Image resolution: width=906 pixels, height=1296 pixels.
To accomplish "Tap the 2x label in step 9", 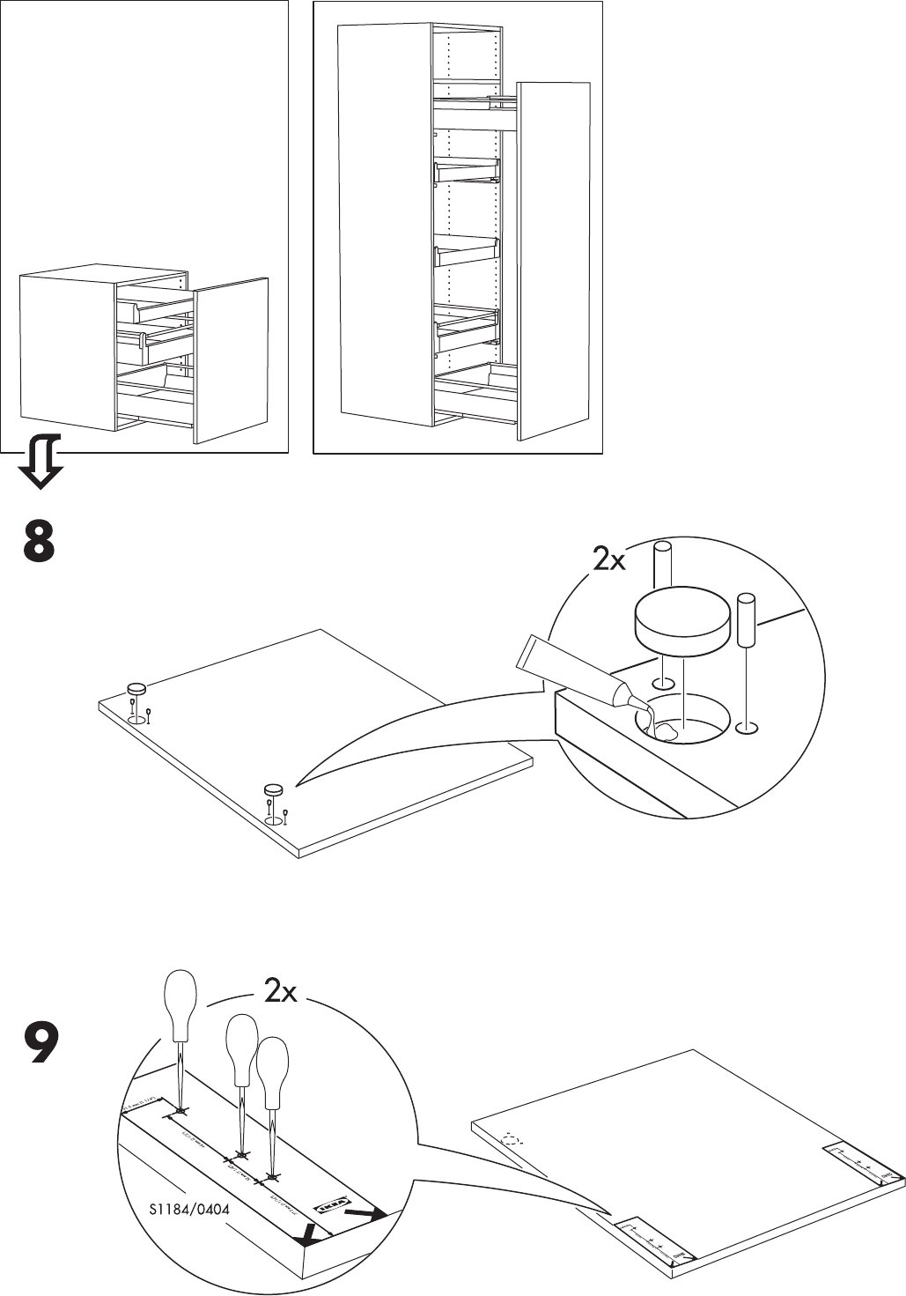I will tap(281, 993).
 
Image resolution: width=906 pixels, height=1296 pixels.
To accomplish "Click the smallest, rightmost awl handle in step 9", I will tap(273, 1064).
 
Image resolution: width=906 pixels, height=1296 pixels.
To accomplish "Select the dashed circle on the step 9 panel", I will tap(510, 1137).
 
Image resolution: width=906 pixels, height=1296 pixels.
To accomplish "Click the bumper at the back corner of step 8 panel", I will tap(137, 688).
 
